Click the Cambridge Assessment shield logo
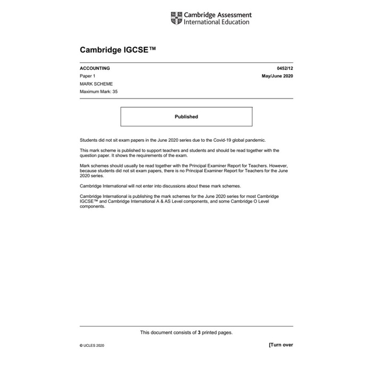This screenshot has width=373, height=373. click(x=176, y=19)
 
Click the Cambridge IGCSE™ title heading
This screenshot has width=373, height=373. click(x=118, y=51)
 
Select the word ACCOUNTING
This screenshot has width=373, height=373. click(x=95, y=69)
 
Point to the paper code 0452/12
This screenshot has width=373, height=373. click(x=285, y=69)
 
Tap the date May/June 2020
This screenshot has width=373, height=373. click(x=277, y=76)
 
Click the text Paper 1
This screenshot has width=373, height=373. click(x=87, y=76)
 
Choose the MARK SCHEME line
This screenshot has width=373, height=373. click(x=96, y=84)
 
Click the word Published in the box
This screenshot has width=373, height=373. click(x=186, y=117)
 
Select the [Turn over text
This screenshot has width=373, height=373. click(x=281, y=345)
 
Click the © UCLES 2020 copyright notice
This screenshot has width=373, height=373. click(x=92, y=346)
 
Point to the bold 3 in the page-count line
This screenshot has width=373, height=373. click(x=199, y=333)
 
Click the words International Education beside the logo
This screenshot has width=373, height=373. click(x=216, y=22)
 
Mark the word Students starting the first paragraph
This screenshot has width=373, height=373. click(x=88, y=140)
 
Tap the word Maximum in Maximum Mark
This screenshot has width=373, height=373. click(x=89, y=92)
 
